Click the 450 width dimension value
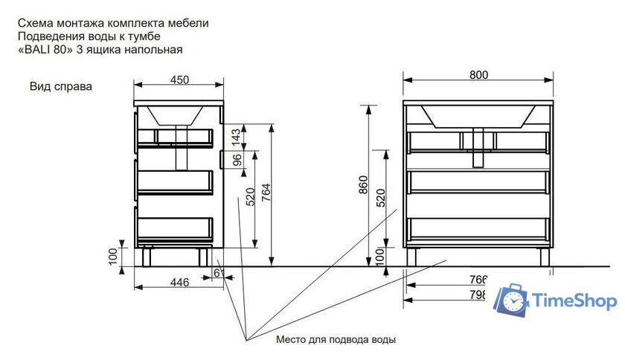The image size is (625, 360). pos(179,80)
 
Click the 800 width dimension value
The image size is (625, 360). pos(479,74)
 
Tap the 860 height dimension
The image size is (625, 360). pos(363,183)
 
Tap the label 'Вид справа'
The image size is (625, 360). pos(61,86)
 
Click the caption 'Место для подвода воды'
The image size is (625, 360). pos(336,340)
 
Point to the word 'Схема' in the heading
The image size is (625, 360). pos(34,23)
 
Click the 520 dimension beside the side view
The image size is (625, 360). pos(250,196)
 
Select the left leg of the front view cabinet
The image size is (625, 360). pos(412,257)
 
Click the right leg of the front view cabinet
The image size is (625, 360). pos(544,257)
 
